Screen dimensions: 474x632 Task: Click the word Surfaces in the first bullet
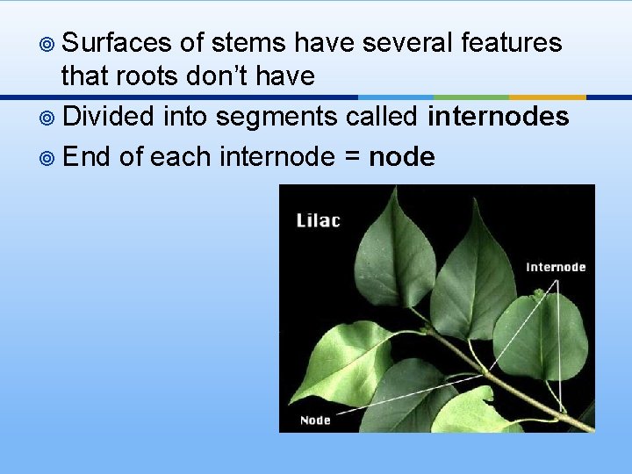point(118,42)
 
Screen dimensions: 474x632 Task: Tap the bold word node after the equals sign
point(402,157)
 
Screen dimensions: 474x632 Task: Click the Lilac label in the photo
point(318,220)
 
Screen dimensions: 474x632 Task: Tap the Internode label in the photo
point(555,267)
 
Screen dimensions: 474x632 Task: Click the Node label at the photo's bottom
point(315,420)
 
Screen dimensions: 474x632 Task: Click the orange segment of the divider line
point(547,97)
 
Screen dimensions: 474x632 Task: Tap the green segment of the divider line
point(471,97)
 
